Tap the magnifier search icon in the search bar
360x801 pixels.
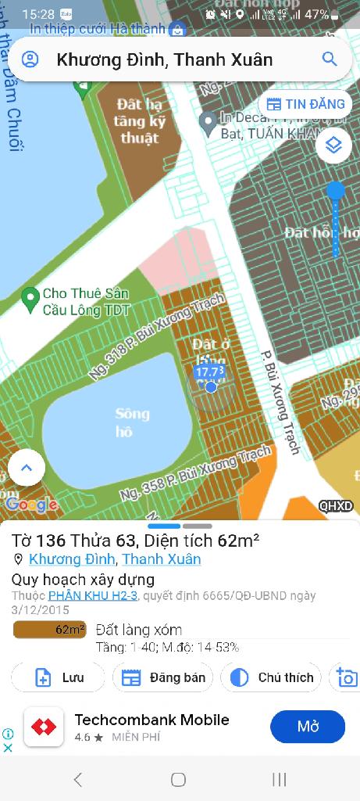tap(330, 59)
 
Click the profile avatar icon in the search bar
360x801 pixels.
tap(30, 59)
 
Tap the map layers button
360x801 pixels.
tap(333, 145)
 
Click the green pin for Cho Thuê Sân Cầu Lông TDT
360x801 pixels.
tap(30, 297)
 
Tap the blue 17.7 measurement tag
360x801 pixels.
tap(210, 372)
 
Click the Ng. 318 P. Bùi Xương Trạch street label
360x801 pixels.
tap(156, 337)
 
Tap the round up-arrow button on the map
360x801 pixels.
tap(27, 468)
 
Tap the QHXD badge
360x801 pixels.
tap(336, 506)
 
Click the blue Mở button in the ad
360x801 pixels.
tap(308, 727)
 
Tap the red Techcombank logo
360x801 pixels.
tap(44, 727)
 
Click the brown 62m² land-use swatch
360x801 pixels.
tap(50, 630)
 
